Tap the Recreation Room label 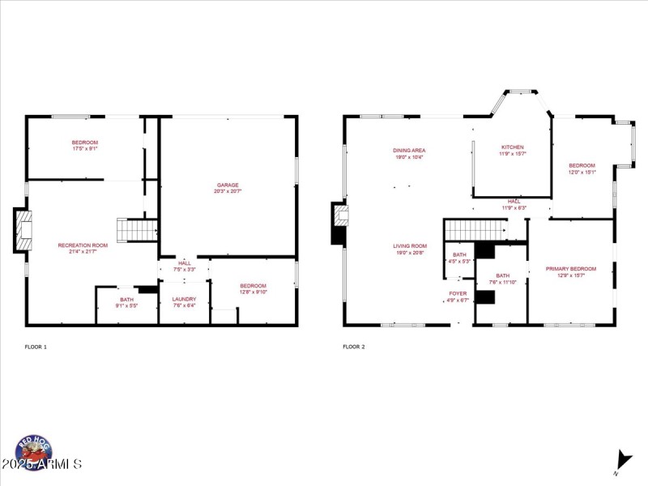point(83,245)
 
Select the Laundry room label point(184,299)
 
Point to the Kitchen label point(511,147)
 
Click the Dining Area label point(409,150)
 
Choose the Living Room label point(410,246)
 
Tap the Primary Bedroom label point(570,269)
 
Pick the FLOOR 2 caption point(354,347)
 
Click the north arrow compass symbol point(623,459)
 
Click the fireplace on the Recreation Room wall point(22,230)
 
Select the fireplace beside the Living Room point(339,223)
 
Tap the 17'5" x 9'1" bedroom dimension point(85,148)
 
